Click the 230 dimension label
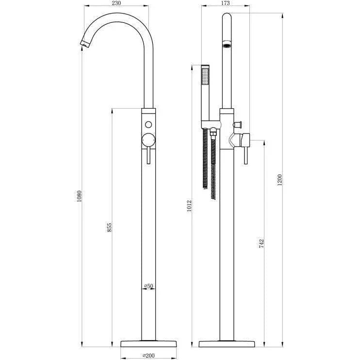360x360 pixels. click(x=116, y=3)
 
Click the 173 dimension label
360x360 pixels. click(x=226, y=3)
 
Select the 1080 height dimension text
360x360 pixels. click(x=79, y=196)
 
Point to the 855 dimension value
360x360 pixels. click(x=109, y=227)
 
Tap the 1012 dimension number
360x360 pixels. click(x=189, y=206)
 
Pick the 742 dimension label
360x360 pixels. click(x=262, y=244)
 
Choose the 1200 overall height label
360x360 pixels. click(x=279, y=180)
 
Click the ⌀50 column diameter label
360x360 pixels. click(x=148, y=286)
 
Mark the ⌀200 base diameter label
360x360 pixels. click(x=148, y=356)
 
